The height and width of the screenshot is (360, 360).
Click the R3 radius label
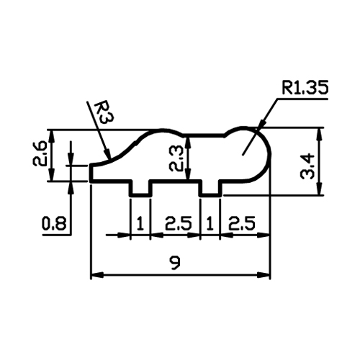pos(104,112)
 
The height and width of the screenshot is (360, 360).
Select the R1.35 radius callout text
pos(305,87)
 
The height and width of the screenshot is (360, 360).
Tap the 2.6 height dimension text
pos(39,153)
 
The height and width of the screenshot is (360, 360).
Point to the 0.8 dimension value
pos(54,223)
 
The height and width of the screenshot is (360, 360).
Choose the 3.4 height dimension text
pos(307,167)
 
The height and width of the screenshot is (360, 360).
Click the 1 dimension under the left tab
pos(140,223)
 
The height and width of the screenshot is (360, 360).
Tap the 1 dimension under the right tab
pos(210,223)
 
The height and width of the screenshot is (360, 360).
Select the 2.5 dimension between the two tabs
pos(179,223)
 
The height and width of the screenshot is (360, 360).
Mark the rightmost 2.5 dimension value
pos(242,223)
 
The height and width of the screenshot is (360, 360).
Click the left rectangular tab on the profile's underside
pos(140,188)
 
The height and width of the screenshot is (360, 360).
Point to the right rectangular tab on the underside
pos(210,188)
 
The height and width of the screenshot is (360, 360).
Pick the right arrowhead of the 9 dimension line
pos(264,275)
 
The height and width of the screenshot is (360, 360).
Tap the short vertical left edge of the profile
pos(91,173)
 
